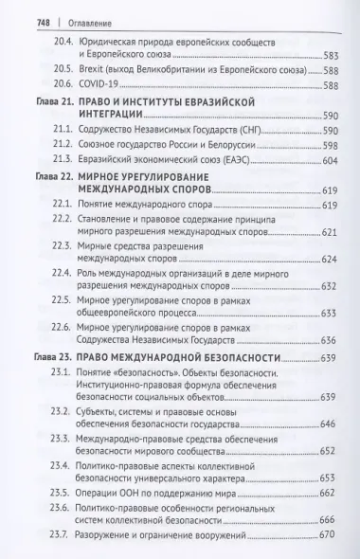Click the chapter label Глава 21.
49,100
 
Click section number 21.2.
65,145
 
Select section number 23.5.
65,493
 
